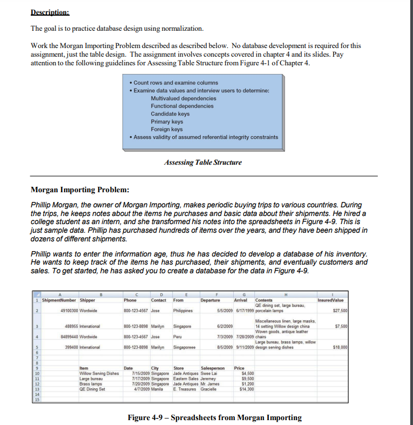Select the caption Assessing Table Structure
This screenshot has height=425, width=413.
point(202,162)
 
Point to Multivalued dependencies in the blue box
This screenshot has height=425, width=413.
point(184,98)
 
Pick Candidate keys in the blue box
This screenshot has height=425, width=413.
point(170,114)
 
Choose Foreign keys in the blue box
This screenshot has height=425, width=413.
point(166,129)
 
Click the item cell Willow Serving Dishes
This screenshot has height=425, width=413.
point(99,373)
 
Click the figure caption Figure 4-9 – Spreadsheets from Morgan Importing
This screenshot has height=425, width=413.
point(214,417)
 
